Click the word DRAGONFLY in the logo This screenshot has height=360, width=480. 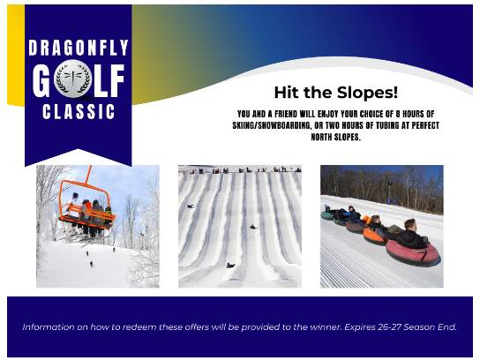click(79, 48)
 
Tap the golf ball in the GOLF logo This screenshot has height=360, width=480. click(72, 79)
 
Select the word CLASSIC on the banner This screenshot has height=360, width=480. click(79, 112)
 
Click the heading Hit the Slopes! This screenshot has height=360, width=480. click(336, 93)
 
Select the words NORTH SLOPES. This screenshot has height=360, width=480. click(336, 137)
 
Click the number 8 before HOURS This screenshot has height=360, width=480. click(398, 114)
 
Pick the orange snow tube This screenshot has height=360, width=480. click(374, 236)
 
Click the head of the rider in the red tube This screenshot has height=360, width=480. click(410, 225)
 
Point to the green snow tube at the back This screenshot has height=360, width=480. click(327, 215)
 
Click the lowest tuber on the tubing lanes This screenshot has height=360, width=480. click(230, 265)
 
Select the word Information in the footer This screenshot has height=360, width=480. click(49, 327)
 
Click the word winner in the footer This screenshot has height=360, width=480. click(326, 327)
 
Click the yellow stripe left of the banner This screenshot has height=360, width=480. click(16, 55)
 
